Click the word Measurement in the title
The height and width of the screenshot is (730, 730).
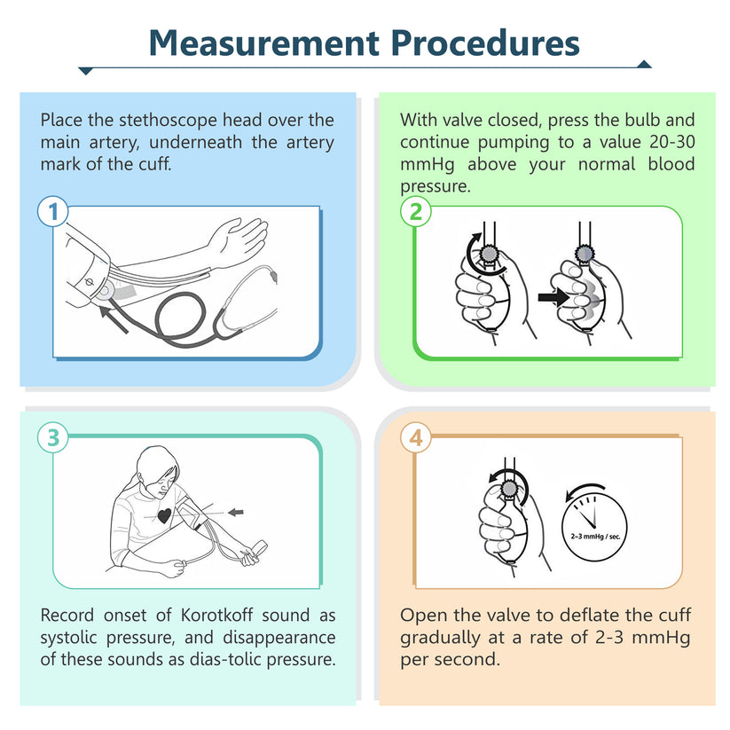[264, 43]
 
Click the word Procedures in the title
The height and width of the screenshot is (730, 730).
[484, 43]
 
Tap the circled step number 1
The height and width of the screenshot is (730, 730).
[53, 211]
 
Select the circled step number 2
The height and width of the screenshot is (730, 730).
[416, 211]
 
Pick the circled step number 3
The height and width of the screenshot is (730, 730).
[53, 437]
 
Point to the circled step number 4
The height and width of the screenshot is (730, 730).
[416, 437]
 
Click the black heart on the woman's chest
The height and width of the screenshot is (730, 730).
[164, 516]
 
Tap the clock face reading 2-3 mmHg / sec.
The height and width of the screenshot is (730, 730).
[594, 527]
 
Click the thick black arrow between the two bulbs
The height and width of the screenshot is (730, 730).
[553, 297]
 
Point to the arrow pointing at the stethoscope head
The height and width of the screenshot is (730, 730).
[114, 319]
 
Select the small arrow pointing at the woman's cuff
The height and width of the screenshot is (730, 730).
[236, 512]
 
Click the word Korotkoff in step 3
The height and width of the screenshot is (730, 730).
[216, 615]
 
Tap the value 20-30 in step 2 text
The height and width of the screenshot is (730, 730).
[671, 142]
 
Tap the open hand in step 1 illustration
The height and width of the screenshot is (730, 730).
[239, 239]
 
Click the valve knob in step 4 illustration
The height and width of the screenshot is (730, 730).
[509, 489]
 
